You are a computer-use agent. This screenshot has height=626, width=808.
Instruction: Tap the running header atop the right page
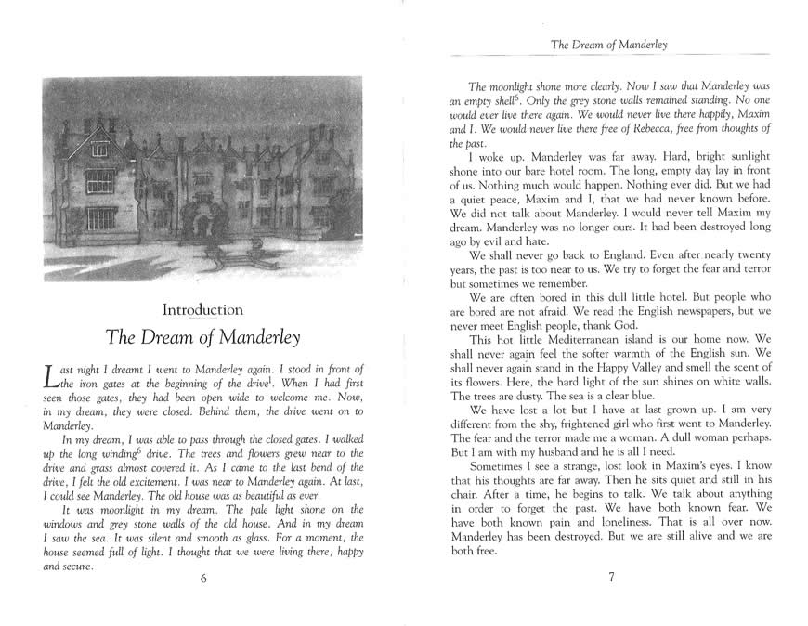pos(611,43)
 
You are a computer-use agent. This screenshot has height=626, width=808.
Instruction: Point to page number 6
pos(202,578)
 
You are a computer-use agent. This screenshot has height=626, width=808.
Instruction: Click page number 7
pos(611,578)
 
